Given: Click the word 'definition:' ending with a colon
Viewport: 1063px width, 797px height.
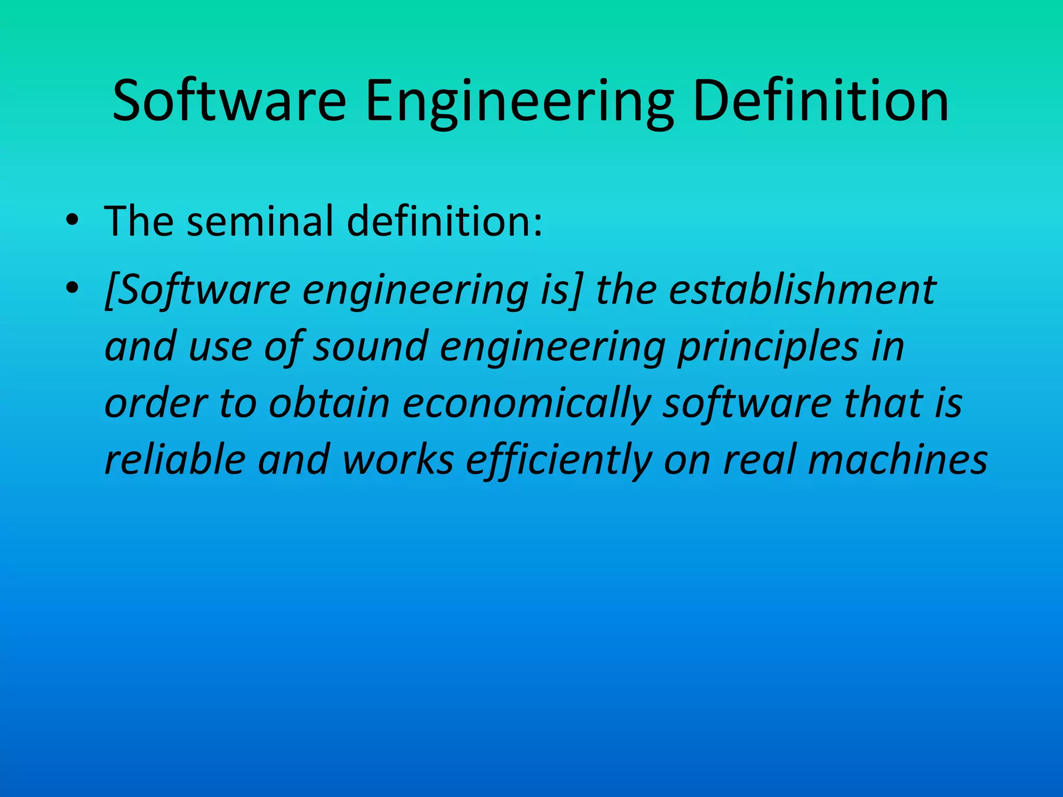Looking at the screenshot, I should tap(444, 222).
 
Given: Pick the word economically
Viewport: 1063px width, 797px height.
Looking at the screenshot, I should tap(526, 404).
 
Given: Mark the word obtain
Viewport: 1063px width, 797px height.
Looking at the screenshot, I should tap(329, 404).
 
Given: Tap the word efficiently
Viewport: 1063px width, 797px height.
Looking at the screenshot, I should tap(558, 460).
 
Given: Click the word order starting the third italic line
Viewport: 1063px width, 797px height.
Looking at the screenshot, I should tap(156, 404).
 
